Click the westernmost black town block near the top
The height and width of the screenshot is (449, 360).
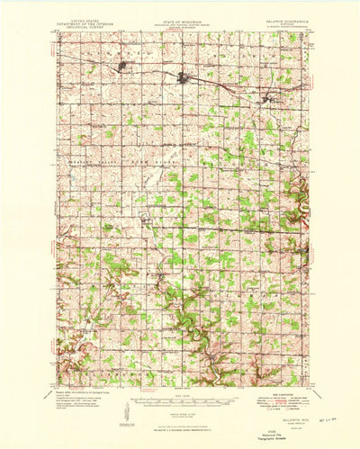(124, 67)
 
